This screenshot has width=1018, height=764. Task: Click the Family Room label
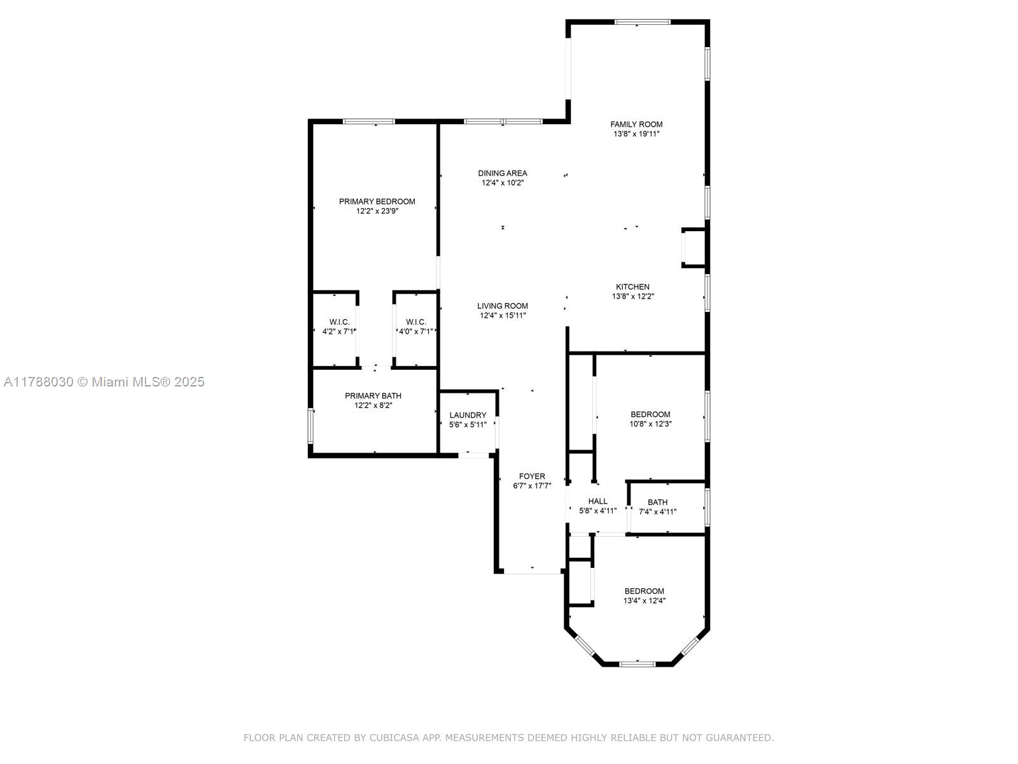coord(636,124)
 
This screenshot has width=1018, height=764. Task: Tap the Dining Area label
coord(502,173)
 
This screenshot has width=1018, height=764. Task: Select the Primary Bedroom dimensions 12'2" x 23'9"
coord(377,211)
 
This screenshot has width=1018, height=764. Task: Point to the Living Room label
coord(502,306)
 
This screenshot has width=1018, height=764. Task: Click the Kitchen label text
coord(632,287)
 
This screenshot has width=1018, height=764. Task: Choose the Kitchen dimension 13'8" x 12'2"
coord(632,297)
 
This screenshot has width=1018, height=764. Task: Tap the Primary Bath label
coord(373,395)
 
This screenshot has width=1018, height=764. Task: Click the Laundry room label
coord(468,415)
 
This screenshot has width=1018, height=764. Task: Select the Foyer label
coord(532,476)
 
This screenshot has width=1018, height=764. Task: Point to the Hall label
coord(598,502)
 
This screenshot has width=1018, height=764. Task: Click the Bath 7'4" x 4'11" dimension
coord(658,512)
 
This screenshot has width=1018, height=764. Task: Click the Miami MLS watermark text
coord(104,382)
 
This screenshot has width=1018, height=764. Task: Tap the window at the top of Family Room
coord(643,22)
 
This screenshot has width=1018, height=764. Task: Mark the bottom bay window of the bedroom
coord(638,664)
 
